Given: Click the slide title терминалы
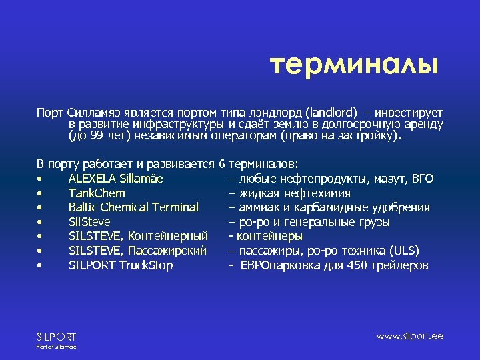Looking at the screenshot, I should point(354,65).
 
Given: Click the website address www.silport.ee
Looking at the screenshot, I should point(409,336).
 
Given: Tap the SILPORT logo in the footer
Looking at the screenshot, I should point(56,337).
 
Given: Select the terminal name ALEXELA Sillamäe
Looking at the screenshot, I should point(116,179).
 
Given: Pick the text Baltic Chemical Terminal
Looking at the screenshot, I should point(133,207).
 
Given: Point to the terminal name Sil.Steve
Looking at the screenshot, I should point(89,222).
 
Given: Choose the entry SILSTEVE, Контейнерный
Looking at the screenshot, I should point(139,236).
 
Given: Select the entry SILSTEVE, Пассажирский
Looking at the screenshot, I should point(137,251).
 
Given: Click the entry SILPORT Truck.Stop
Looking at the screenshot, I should point(121,265).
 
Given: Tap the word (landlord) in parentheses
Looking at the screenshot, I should point(332,112).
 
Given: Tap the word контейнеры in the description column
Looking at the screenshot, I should point(268,236).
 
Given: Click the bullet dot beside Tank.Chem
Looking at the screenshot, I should point(41,194).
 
